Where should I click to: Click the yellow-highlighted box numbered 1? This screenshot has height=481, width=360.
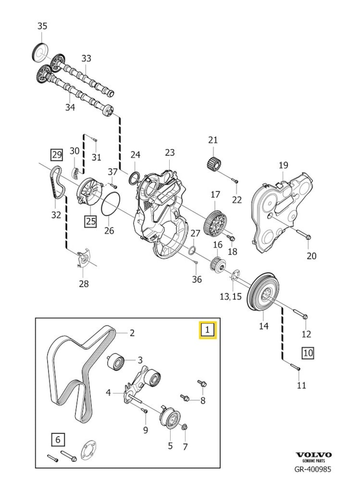tap(208, 330)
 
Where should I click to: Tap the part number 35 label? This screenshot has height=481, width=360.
tap(42, 26)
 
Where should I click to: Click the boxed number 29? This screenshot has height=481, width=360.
tap(57, 154)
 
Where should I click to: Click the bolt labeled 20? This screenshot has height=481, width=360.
tap(304, 235)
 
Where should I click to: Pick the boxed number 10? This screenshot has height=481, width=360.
tap(308, 353)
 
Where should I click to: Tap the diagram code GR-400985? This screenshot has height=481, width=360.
tap(312, 469)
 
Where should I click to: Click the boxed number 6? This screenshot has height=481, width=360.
tap(58, 440)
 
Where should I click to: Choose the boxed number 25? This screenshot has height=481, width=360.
tap(91, 221)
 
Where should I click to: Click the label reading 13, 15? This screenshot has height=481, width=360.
tap(230, 297)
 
